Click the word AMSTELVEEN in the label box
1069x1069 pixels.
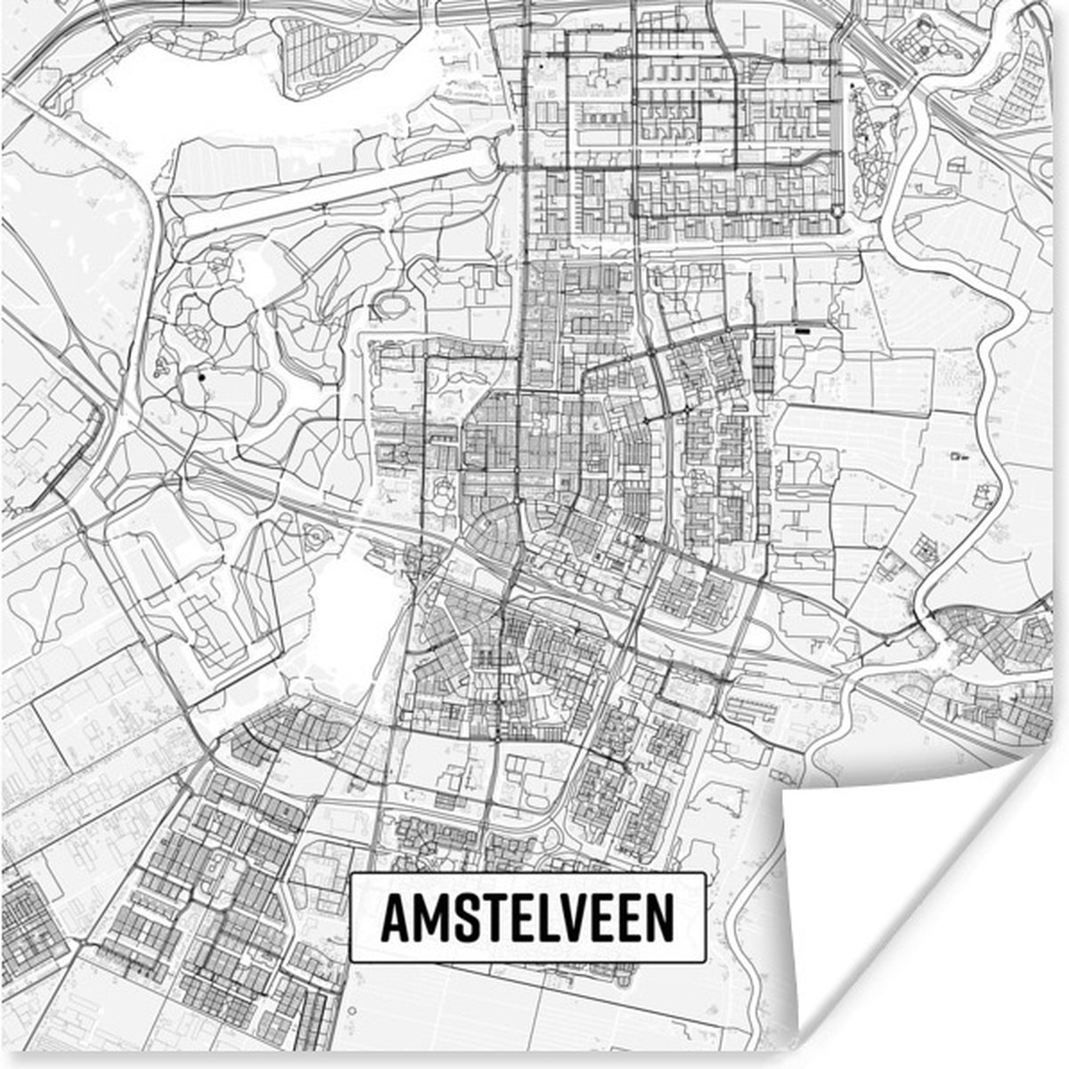(527, 918)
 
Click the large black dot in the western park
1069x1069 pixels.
(202, 378)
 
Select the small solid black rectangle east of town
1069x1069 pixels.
(803, 330)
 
